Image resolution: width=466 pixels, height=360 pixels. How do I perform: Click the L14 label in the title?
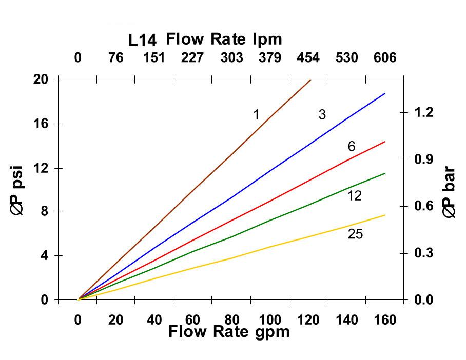(x=143, y=40)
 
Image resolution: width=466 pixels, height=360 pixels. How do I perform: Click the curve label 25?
(x=355, y=234)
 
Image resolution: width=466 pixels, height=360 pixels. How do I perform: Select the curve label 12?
(x=354, y=195)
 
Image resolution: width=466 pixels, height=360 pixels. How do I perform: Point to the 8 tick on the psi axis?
(x=44, y=211)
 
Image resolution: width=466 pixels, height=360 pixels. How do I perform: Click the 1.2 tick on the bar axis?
(x=424, y=112)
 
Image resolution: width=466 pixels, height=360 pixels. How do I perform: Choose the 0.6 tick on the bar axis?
(x=424, y=206)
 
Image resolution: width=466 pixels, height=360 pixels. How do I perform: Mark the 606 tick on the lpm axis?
(x=385, y=57)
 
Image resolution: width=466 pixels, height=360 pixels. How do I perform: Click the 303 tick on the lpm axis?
(x=231, y=57)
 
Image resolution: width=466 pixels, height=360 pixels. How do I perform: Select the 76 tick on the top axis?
(x=116, y=57)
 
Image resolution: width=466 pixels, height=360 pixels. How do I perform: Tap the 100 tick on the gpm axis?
(x=270, y=320)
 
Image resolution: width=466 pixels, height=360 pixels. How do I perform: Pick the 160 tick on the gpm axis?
(x=385, y=320)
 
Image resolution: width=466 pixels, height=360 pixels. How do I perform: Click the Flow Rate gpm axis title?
(x=229, y=332)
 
